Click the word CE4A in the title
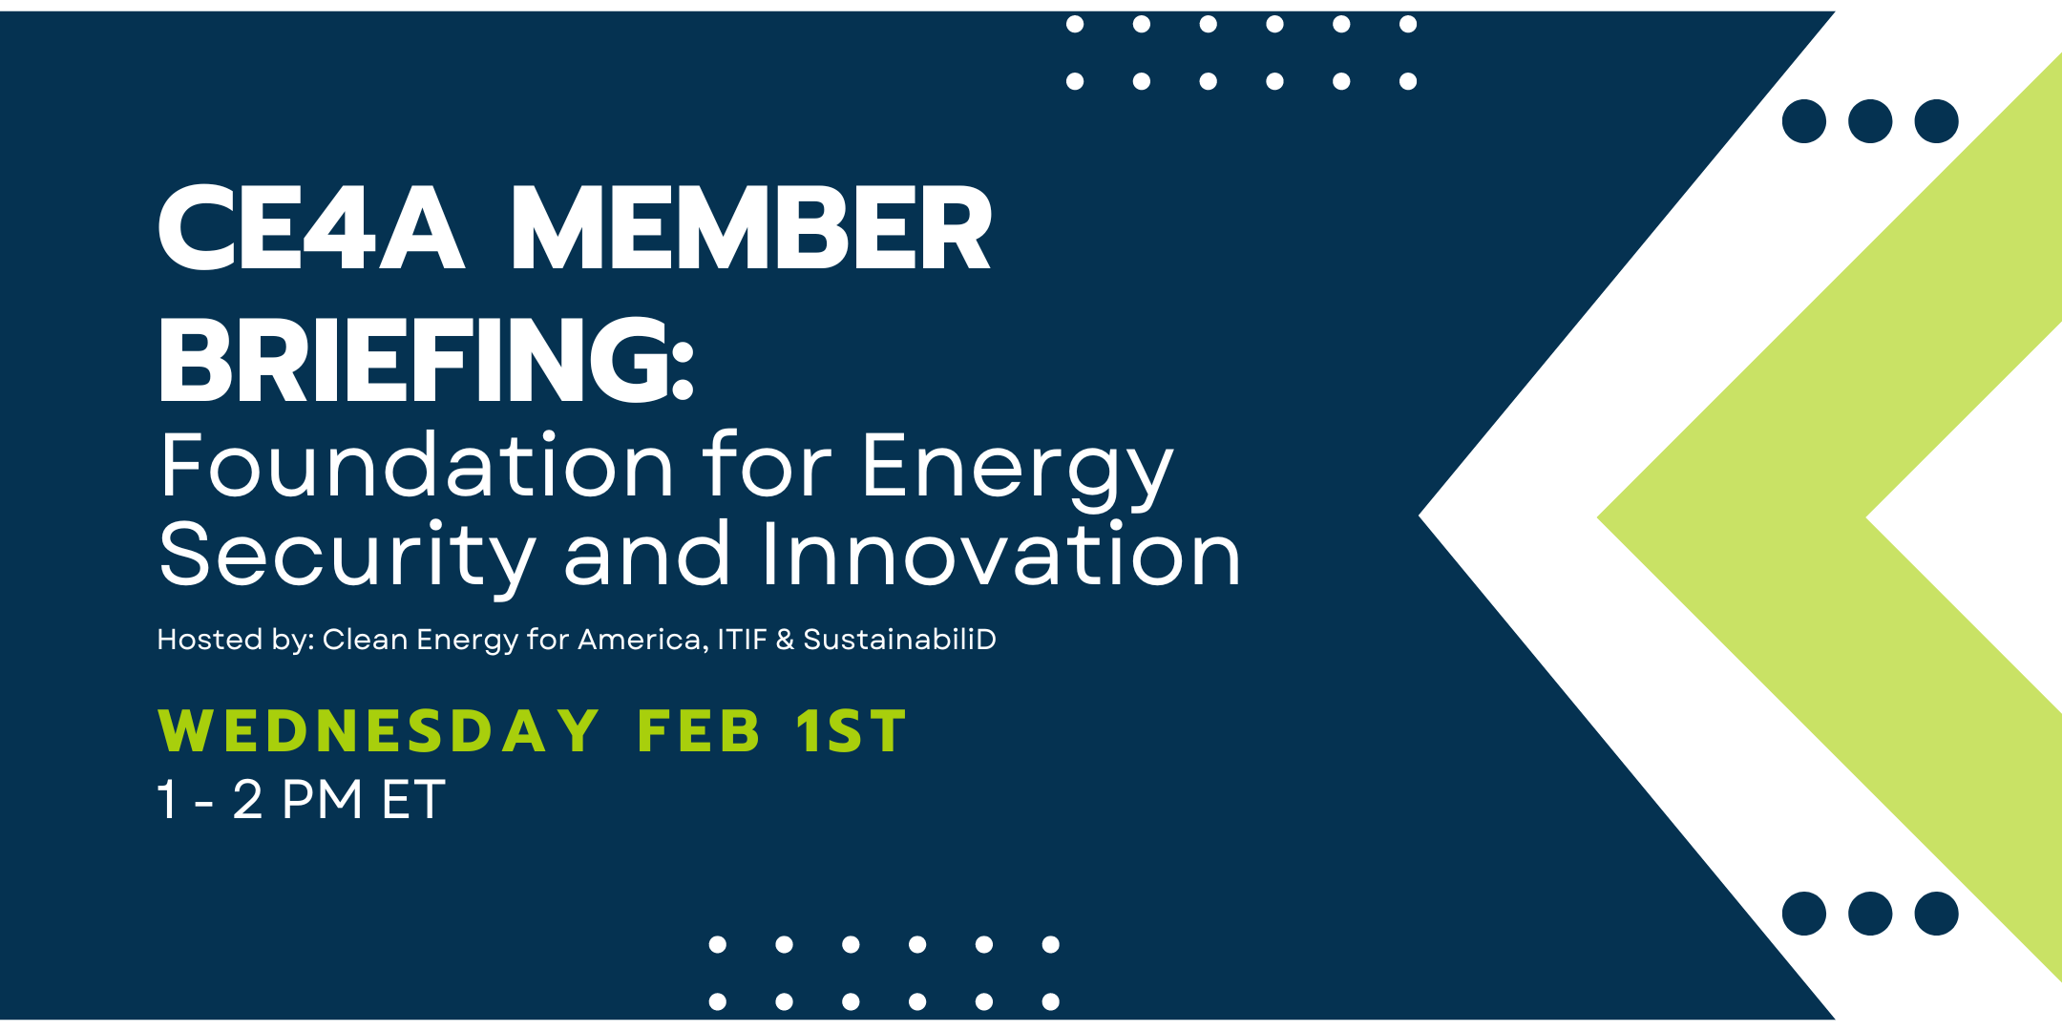(310, 229)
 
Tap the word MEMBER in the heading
(750, 229)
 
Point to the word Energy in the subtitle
(1017, 468)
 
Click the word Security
(347, 556)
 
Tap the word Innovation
(1000, 556)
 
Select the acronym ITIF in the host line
(742, 640)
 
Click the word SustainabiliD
(899, 640)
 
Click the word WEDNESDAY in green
(378, 732)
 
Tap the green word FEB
(699, 732)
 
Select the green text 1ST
(851, 732)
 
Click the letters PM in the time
(323, 800)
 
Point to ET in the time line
(412, 800)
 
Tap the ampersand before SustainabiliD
(785, 640)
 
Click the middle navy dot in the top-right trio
(1870, 121)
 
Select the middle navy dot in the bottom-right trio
(1870, 914)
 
